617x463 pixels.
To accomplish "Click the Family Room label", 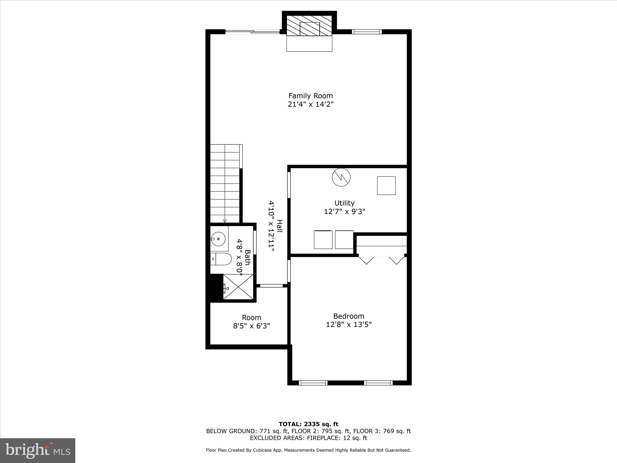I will point(311,96).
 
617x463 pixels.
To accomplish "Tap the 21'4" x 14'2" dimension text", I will point(311,105).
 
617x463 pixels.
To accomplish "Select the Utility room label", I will point(344,203).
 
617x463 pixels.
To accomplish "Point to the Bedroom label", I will point(349,316).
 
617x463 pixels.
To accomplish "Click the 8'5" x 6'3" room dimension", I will point(252,326).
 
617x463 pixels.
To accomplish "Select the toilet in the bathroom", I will point(221,259).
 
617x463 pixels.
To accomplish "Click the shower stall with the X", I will point(238,287).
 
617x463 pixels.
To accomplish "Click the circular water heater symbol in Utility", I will point(341,177).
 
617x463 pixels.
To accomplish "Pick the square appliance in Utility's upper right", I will point(386,185).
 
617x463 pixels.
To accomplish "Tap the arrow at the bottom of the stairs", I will point(225,221).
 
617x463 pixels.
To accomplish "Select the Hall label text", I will point(280,226).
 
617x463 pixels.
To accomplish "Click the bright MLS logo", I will point(38,451).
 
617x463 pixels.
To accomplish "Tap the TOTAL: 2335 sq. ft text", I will point(308,424).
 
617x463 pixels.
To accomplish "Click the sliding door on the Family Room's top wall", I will point(253,31).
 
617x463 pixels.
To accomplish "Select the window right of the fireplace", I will point(367,31).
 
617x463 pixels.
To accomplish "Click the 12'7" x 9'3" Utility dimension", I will point(344,212).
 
